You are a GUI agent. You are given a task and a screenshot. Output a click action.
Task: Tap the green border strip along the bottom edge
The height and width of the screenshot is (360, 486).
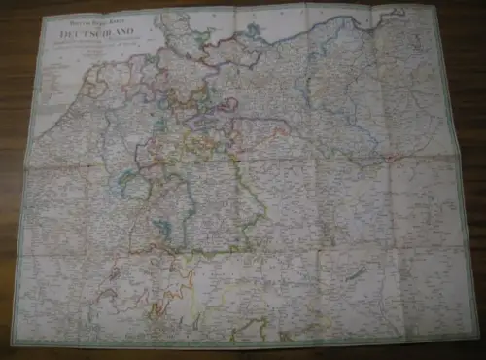[x=243, y=344]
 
